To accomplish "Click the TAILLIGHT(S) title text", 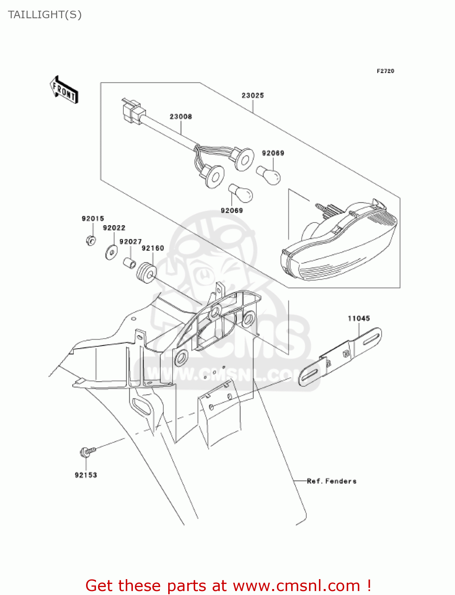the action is [x=45, y=15].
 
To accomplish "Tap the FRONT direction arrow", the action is [x=64, y=90].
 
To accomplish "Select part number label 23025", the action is [x=253, y=96].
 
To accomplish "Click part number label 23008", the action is [x=181, y=117].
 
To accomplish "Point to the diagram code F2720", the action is [x=385, y=71].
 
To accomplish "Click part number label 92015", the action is [x=93, y=219].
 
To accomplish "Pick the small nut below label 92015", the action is [x=91, y=240].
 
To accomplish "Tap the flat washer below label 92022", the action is [x=111, y=253].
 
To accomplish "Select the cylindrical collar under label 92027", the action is [x=130, y=263].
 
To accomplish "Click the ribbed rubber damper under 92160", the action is [x=146, y=272].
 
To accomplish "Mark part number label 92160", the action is [x=153, y=248].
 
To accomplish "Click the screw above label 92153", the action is [x=88, y=451].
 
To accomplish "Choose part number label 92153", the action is [x=86, y=475].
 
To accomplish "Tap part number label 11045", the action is [x=359, y=319].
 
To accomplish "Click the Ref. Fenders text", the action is [x=332, y=481].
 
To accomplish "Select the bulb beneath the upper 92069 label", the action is [x=268, y=175].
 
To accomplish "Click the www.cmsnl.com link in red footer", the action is [x=296, y=585].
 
